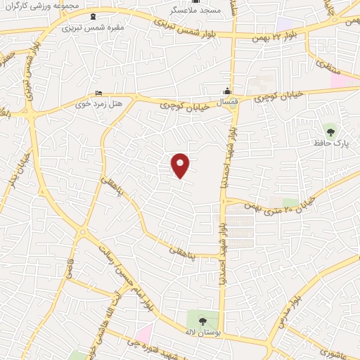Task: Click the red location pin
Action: pyautogui.click(x=181, y=165)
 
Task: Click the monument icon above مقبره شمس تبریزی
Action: pyautogui.click(x=94, y=16)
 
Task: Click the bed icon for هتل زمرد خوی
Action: pyautogui.click(x=98, y=94)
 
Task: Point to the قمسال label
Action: pyautogui.click(x=226, y=103)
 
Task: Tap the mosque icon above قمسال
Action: pyautogui.click(x=226, y=91)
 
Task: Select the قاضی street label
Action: pyautogui.click(x=71, y=267)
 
